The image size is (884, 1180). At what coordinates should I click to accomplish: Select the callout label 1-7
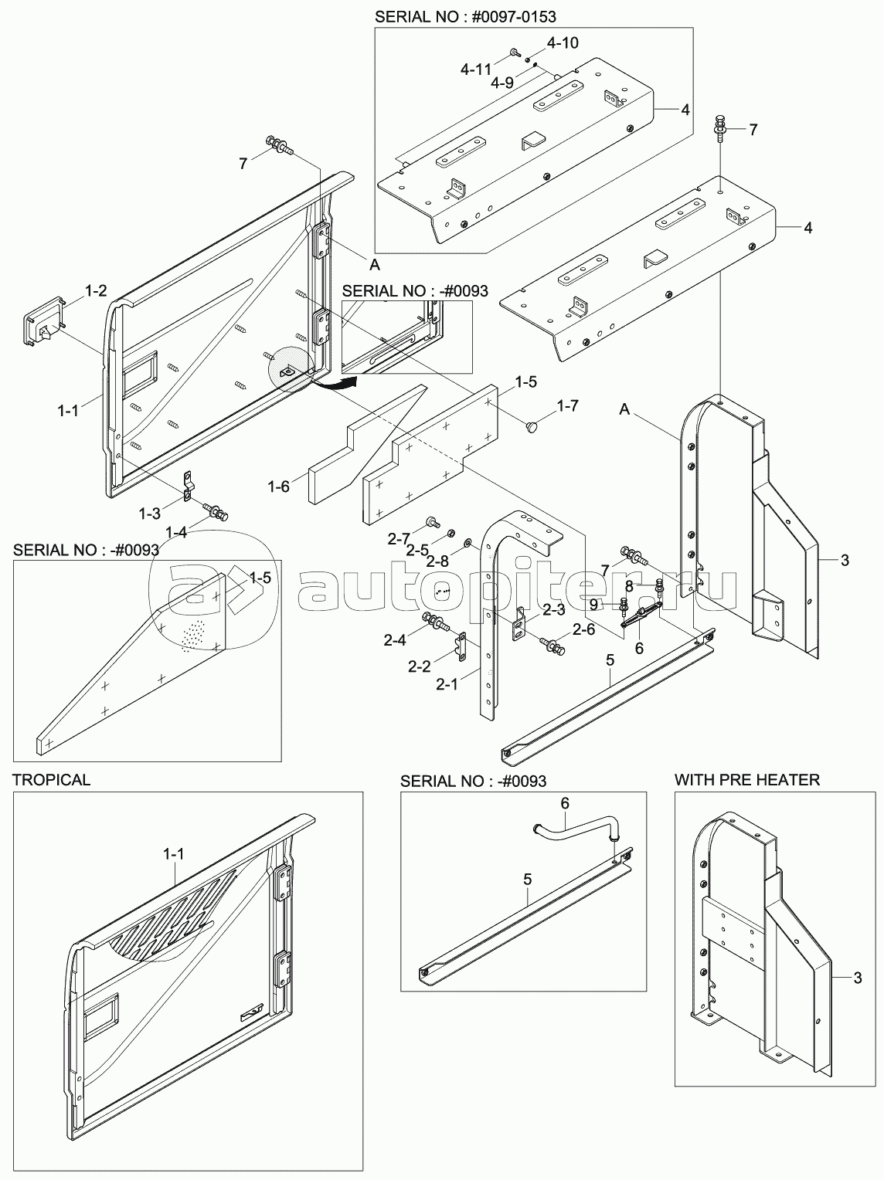[x=567, y=405]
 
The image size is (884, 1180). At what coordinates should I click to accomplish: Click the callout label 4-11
[x=476, y=69]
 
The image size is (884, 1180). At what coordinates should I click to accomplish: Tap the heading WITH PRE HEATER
[x=746, y=779]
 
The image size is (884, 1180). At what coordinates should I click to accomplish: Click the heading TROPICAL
[x=51, y=779]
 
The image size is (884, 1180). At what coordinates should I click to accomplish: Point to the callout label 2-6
[x=584, y=629]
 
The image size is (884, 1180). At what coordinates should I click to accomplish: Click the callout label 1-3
[x=151, y=513]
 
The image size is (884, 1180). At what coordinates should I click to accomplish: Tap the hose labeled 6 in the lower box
[x=576, y=831]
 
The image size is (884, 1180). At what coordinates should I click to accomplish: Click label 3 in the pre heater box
[x=857, y=978]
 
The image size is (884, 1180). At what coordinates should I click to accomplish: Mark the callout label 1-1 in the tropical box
[x=174, y=854]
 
